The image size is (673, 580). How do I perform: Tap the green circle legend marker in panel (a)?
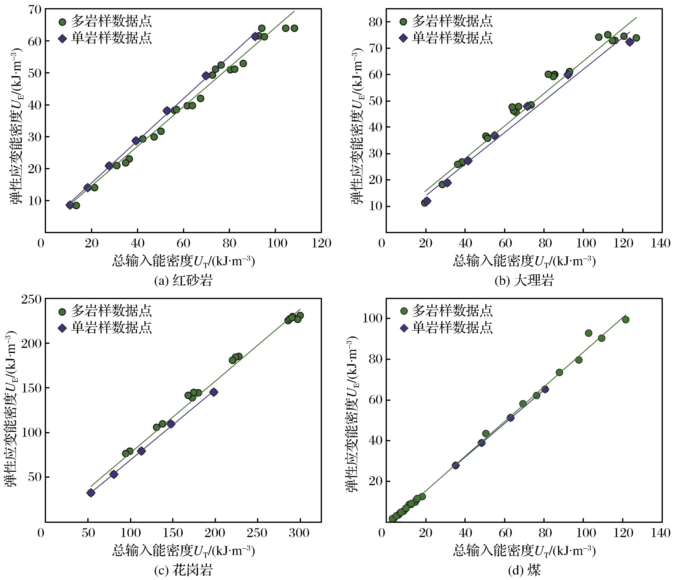pos(62,22)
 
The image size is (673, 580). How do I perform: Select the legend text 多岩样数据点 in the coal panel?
pos(452,311)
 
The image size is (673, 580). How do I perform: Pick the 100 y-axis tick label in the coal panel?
pos(371,318)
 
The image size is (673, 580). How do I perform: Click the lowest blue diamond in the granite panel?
pos(91,493)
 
